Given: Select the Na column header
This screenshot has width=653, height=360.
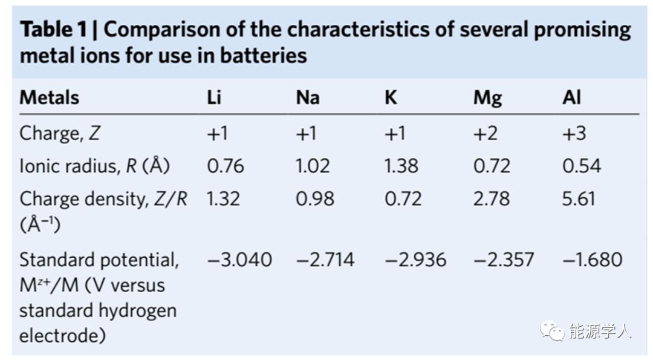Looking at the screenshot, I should click(x=308, y=97).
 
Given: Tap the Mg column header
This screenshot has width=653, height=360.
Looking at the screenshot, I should click(x=487, y=98).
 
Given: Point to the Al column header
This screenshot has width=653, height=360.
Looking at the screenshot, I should click(x=571, y=97).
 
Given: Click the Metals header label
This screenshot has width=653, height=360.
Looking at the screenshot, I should click(x=49, y=97).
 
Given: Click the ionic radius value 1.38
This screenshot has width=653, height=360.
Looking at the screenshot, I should click(x=401, y=166).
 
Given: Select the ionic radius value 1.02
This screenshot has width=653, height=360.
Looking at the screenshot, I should click(x=313, y=166).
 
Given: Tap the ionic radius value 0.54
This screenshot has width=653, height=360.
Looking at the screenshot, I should click(x=582, y=166).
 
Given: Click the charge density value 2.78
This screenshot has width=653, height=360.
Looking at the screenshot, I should click(x=492, y=198).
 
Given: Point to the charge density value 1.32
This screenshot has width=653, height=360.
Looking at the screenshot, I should click(x=224, y=198).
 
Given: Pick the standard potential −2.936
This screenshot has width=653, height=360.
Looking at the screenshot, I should click(x=416, y=260).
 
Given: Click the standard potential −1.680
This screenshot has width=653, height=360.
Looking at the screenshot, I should click(x=593, y=260).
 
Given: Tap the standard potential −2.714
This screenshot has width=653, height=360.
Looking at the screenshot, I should click(x=325, y=260).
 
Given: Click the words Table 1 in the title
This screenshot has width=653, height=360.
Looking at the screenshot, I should click(x=53, y=30).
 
